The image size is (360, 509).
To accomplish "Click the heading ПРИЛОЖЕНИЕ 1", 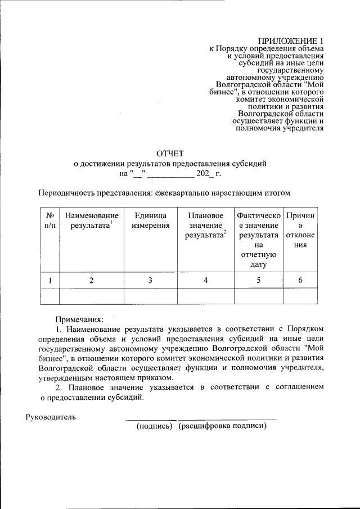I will [291, 41].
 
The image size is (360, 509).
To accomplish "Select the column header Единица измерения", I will [150, 220].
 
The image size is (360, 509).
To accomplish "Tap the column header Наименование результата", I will [91, 220].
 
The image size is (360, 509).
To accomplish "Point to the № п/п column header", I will [49, 220].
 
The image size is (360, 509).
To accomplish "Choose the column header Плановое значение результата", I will [206, 226].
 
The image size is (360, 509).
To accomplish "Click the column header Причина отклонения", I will [300, 231].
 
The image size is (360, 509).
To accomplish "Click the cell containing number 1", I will [49, 280].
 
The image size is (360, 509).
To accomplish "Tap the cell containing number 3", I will [150, 280].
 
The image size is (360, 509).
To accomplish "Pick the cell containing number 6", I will [300, 280].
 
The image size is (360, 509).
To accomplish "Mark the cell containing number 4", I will [206, 280].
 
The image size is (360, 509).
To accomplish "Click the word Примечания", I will [78, 318].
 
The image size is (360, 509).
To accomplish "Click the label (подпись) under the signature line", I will [154, 426].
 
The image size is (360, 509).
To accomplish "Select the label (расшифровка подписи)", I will [223, 426].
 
